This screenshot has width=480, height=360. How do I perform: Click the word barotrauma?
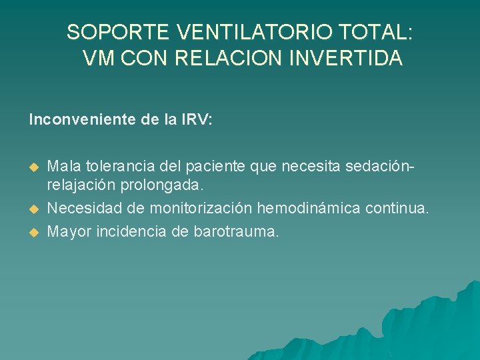pos(237,231)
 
